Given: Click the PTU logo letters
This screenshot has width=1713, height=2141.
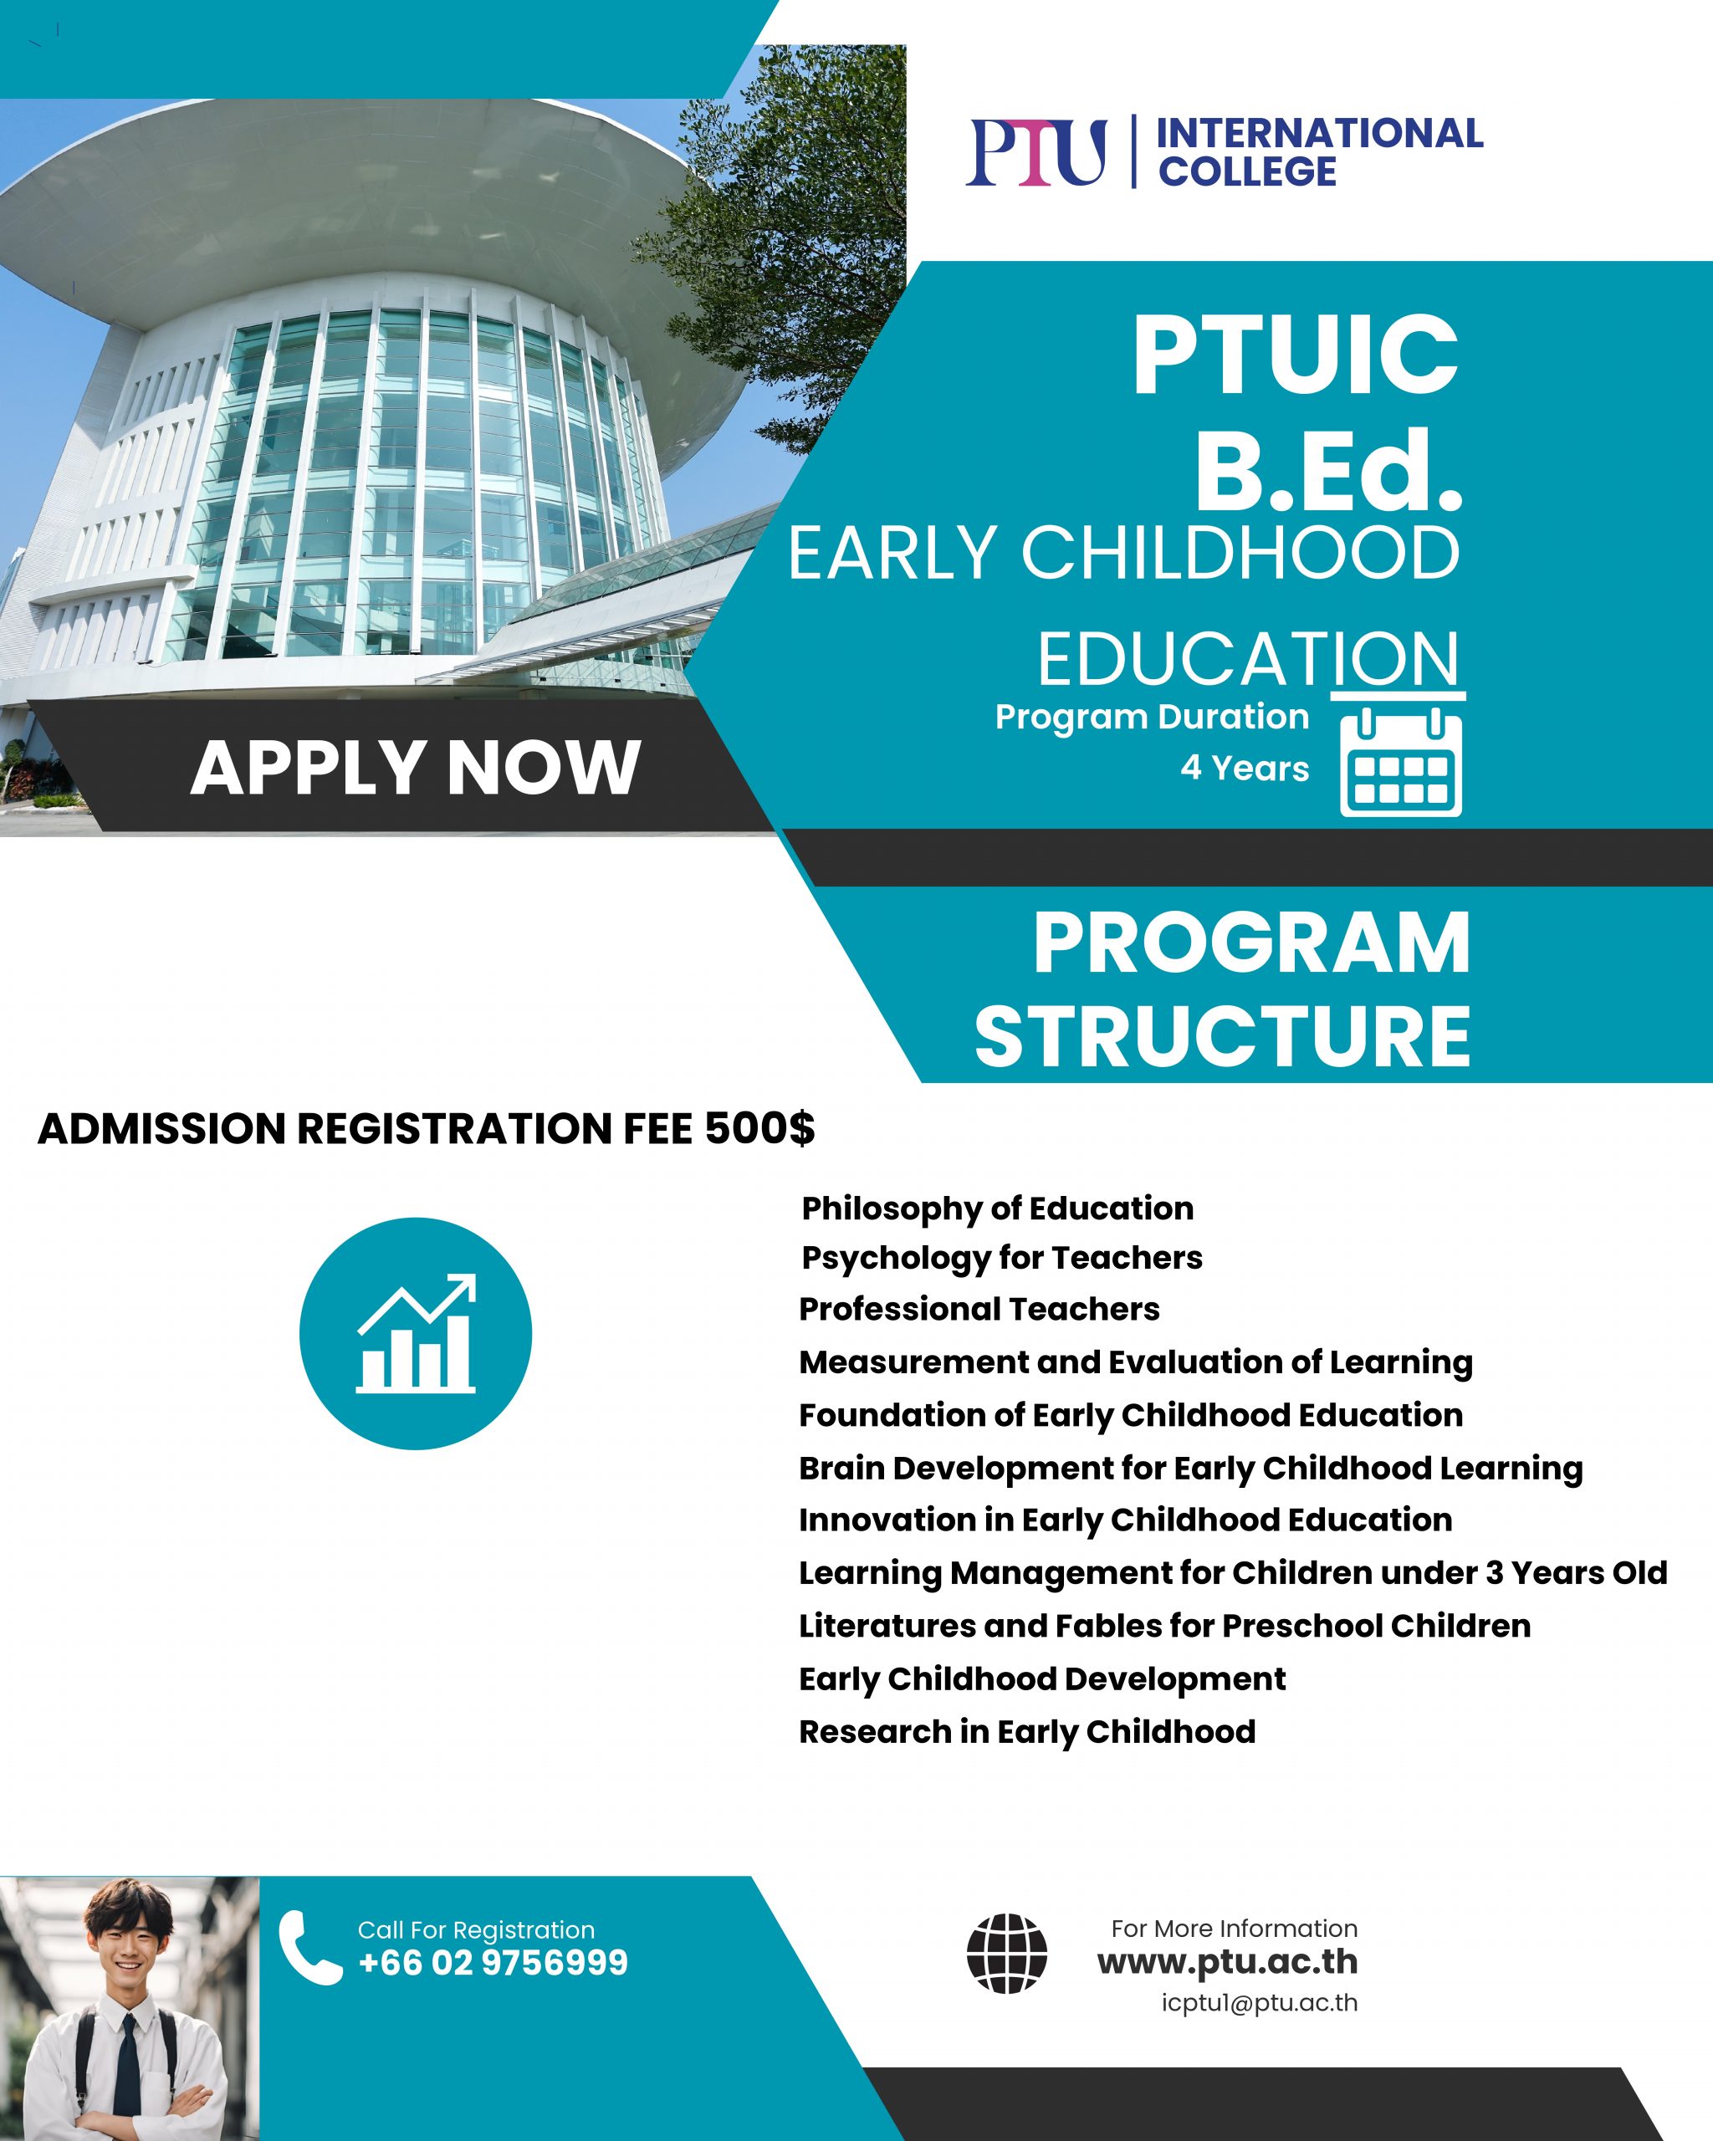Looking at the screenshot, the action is point(1035,152).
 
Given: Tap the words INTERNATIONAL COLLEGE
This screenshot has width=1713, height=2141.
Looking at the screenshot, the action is point(1321,152).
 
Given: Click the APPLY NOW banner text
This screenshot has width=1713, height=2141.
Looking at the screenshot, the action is point(415,768).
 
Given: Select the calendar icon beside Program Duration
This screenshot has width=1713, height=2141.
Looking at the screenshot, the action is point(1400,762).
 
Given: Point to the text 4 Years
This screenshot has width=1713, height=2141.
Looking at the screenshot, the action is point(1245,769).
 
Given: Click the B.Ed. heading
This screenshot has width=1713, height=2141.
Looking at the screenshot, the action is point(1329,470).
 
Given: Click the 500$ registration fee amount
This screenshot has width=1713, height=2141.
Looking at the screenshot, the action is point(759,1129).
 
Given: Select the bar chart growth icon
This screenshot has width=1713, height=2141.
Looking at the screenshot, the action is point(416,1334).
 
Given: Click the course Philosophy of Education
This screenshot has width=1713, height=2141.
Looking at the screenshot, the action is point(997,1208).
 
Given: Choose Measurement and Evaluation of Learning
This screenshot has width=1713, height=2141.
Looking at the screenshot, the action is point(1136,1362).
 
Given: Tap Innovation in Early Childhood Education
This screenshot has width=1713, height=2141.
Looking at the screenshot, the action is point(1126,1520).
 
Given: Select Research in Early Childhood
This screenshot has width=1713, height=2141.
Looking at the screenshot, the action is point(1028,1732).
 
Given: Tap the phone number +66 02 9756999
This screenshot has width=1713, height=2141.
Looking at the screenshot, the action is point(493,1963).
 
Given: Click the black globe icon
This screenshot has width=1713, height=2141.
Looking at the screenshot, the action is point(1007,1954).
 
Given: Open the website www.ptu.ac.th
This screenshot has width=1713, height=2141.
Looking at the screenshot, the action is point(1227,1962).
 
